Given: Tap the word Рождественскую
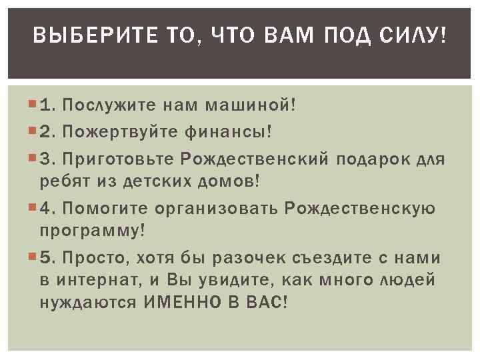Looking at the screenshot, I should [x=361, y=208].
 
